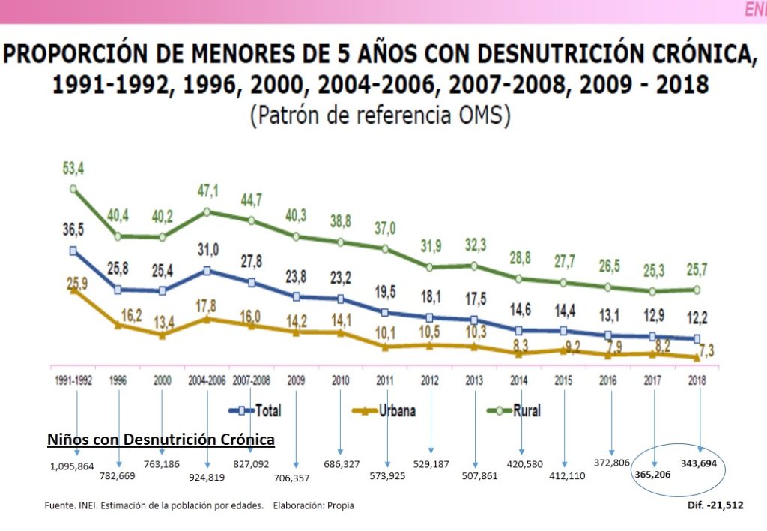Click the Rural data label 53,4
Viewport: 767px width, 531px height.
pos(73,169)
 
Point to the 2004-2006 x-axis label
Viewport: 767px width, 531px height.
pos(207,380)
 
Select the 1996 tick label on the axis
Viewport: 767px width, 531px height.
pos(118,380)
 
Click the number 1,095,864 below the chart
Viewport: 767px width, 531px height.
pos(73,466)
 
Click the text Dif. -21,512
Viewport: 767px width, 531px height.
pos(715,505)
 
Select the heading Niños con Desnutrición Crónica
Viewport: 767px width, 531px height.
pos(161,439)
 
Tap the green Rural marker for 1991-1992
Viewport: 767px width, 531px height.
pos(73,190)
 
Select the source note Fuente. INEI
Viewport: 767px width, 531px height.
pos(76,506)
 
